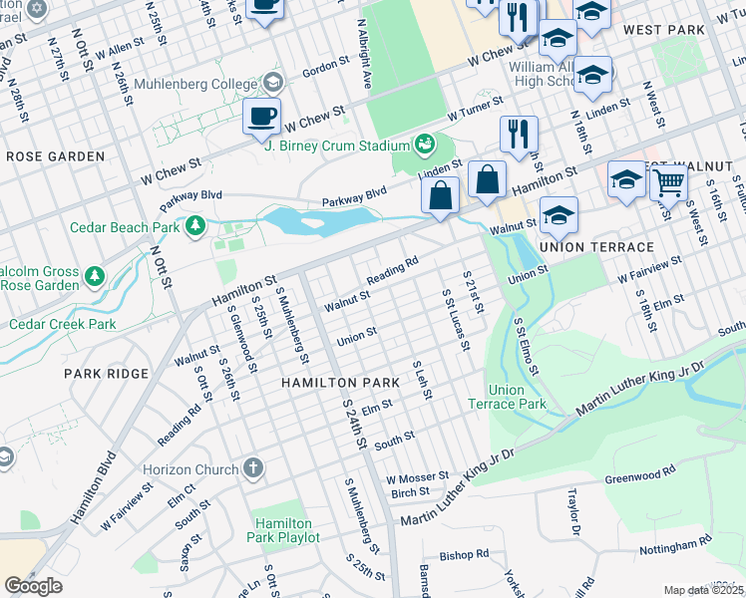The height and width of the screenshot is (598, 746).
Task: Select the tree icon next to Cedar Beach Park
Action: pyautogui.click(x=195, y=226)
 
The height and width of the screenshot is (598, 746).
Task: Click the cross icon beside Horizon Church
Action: pyautogui.click(x=254, y=468)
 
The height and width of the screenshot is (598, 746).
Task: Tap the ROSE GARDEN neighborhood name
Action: pyautogui.click(x=55, y=156)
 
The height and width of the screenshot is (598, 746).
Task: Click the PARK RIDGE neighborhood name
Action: pyautogui.click(x=106, y=374)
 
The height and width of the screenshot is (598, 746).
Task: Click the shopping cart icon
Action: pyautogui.click(x=668, y=182)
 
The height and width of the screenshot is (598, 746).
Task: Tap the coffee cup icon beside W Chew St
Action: pyautogui.click(x=261, y=117)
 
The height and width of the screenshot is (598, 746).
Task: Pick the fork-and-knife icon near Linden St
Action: pyautogui.click(x=519, y=134)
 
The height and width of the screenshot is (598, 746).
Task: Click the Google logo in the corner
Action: pyautogui.click(x=33, y=586)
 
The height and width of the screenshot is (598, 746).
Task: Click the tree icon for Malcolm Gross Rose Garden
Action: pyautogui.click(x=94, y=274)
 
